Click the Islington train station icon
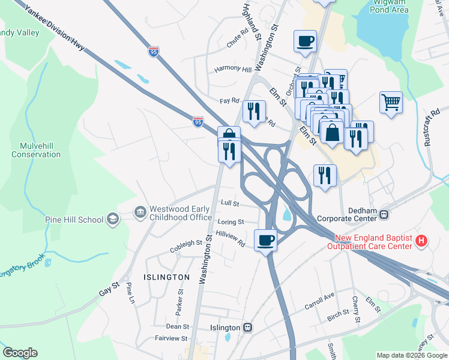247,328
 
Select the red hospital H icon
421,241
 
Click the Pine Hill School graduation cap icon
112,220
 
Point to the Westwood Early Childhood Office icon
140,212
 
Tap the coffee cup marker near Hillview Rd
266,241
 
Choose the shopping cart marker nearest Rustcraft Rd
391,102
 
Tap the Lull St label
229,203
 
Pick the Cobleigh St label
186,243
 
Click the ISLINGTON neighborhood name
166,277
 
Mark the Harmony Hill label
234,69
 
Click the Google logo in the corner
20,353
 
